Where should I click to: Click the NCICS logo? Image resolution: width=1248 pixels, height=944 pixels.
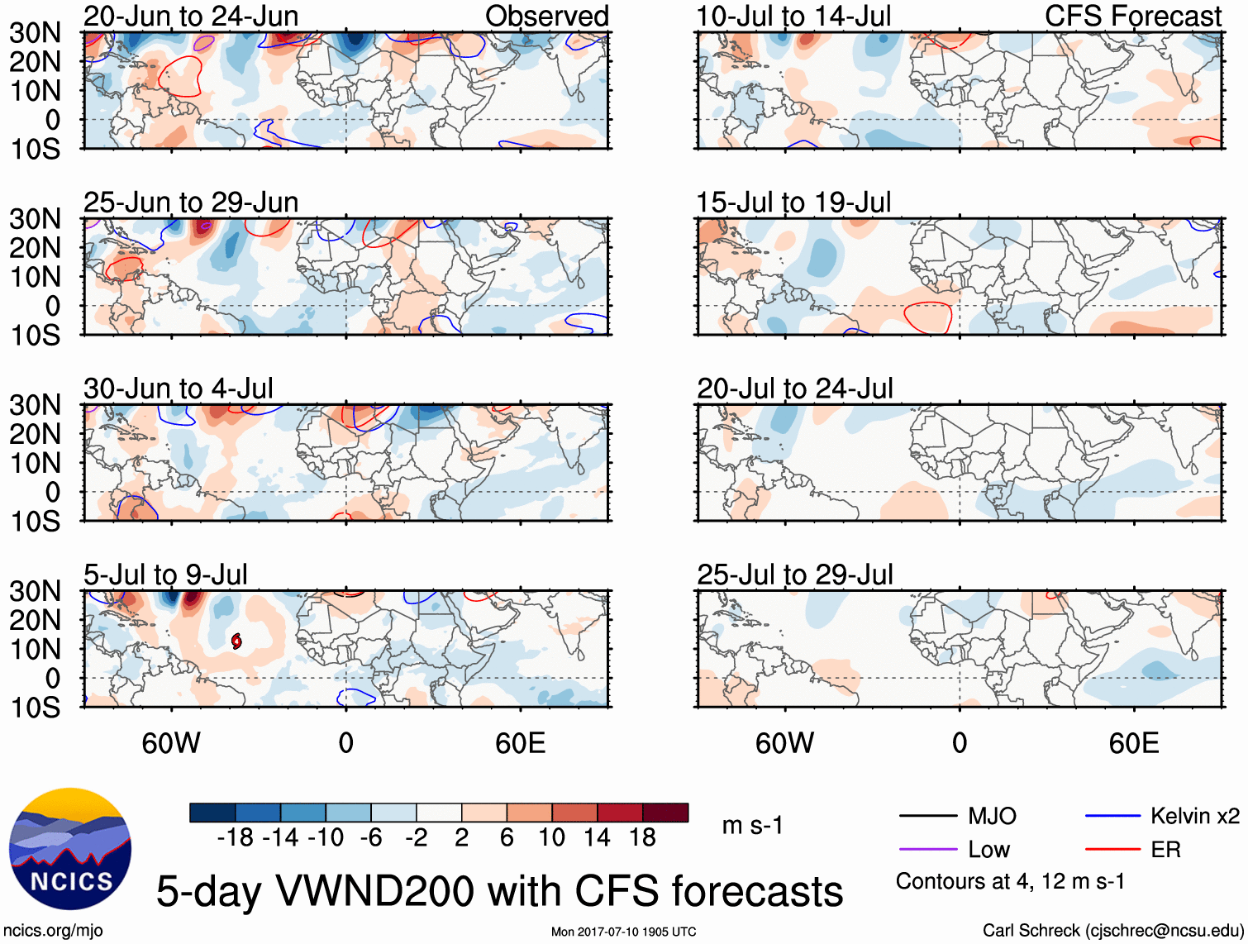click(x=70, y=849)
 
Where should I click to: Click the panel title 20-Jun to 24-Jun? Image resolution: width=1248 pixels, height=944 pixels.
click(x=191, y=16)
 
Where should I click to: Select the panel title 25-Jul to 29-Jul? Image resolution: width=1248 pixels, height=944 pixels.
click(x=794, y=575)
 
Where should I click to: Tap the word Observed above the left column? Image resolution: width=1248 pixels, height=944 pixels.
click(x=546, y=16)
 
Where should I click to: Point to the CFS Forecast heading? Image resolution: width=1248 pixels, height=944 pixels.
click(x=1132, y=16)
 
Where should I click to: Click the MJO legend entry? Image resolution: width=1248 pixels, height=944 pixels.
click(x=991, y=817)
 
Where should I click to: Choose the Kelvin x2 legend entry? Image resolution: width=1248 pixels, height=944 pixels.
click(x=1194, y=817)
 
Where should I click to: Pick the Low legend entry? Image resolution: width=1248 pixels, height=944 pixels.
click(x=988, y=850)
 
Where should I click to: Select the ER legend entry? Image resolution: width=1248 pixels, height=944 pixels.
click(x=1165, y=850)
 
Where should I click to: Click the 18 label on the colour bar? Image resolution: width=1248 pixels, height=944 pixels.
click(x=642, y=838)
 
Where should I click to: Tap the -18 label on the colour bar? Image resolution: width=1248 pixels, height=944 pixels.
click(x=236, y=838)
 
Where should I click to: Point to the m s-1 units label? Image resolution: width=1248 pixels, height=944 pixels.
click(x=752, y=825)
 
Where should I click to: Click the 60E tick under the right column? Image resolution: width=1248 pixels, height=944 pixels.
click(x=1133, y=743)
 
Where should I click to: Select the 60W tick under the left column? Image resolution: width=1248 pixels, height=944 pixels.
click(x=171, y=743)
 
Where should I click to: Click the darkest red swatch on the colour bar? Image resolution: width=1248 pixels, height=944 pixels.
click(x=665, y=813)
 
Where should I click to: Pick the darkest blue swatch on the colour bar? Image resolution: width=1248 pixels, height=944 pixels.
click(x=212, y=813)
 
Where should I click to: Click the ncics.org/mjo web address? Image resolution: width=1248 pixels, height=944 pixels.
click(x=53, y=931)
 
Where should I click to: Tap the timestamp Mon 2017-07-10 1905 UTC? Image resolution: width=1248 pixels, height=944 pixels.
click(x=623, y=932)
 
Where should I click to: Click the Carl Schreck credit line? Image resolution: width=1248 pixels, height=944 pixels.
click(x=1112, y=931)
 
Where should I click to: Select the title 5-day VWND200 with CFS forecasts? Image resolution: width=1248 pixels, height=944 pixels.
click(x=499, y=891)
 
